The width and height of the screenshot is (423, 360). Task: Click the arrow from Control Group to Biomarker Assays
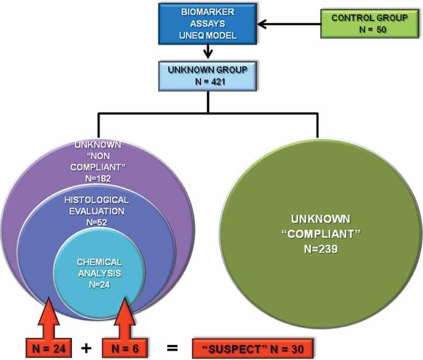288,24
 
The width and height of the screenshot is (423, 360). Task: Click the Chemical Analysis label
98,267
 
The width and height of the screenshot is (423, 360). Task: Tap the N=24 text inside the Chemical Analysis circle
98,284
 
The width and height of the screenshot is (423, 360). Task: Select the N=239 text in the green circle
317,246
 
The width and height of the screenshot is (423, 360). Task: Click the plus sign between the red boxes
85,347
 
